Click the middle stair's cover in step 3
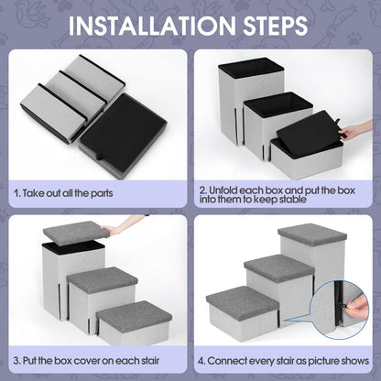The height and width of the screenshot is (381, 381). [x=102, y=278]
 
